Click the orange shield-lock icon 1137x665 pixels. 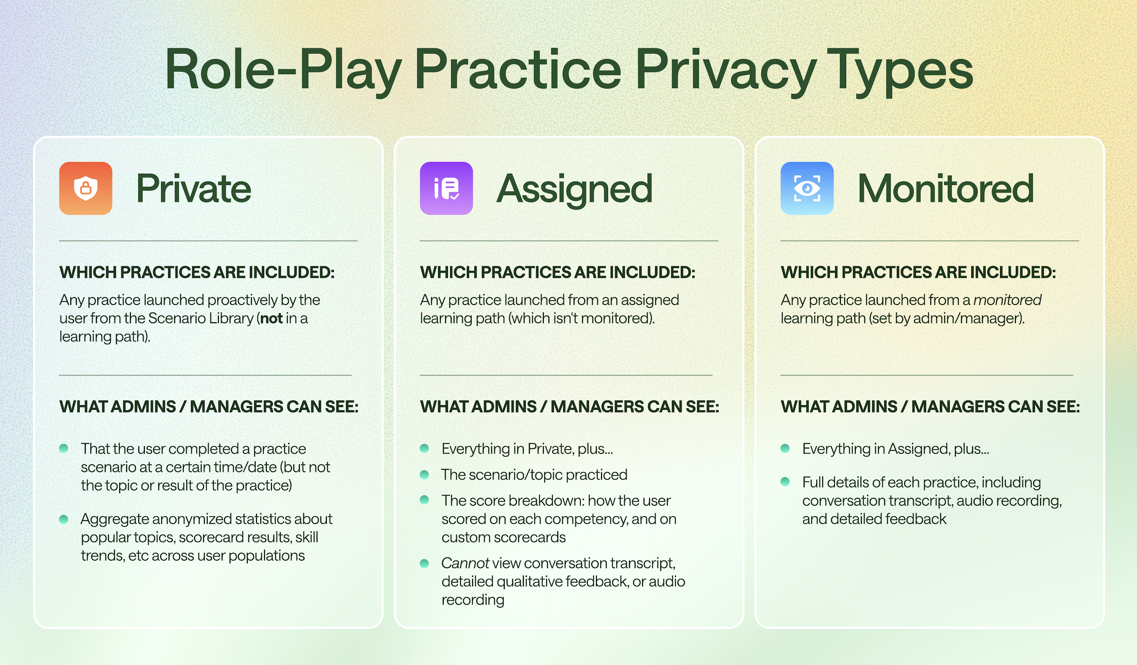(86, 188)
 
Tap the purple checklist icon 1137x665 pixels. (446, 188)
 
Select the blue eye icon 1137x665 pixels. (807, 188)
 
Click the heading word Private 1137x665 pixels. (194, 189)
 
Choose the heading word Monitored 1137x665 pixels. (946, 189)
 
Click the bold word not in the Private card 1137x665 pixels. (271, 319)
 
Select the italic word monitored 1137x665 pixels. (1007, 300)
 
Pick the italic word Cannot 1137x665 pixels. (465, 563)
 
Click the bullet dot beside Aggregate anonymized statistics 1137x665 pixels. (64, 519)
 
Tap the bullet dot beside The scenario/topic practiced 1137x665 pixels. (424, 475)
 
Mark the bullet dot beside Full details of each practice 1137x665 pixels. (785, 482)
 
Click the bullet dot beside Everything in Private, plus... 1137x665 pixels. (424, 448)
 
